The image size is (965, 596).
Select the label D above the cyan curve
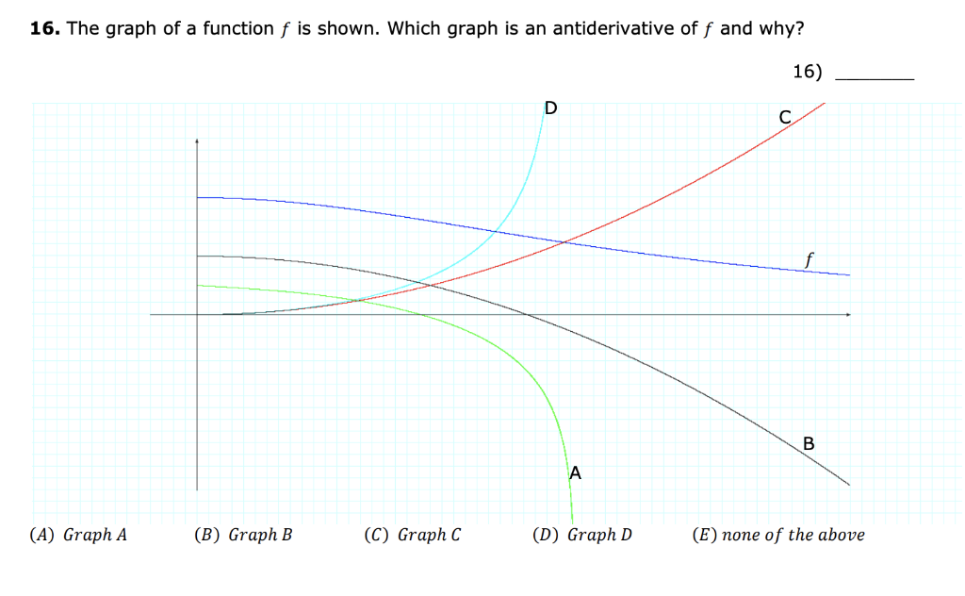550,108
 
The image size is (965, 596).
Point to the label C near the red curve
784,118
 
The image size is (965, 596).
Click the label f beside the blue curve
810,257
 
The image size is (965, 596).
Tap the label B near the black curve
808,443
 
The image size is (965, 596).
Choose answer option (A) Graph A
79,536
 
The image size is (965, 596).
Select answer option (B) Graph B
243,536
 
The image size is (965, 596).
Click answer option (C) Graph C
413,536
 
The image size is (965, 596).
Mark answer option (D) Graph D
582,536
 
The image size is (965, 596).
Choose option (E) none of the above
778,536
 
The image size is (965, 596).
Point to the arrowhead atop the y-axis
197,141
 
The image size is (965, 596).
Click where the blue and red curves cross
564,243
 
